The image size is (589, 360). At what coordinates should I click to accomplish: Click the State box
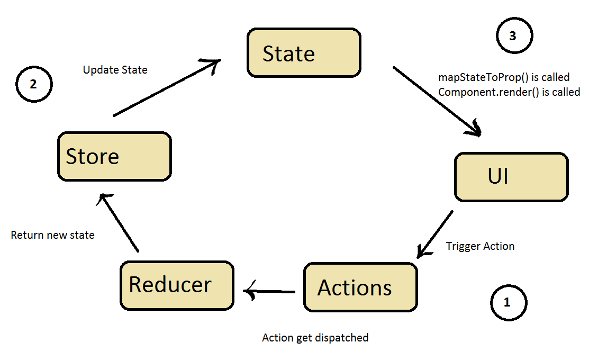pos(304,53)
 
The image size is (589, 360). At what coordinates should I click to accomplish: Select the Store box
pos(114,156)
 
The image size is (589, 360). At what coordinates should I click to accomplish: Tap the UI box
pos(511,177)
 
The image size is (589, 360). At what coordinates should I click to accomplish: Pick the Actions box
pos(360,287)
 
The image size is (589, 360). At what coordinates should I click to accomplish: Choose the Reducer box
pos(176,285)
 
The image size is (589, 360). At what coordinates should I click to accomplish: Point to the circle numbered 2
pos(34,85)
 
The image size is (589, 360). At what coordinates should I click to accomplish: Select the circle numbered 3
pos(514,36)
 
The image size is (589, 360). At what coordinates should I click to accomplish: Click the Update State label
pos(115,70)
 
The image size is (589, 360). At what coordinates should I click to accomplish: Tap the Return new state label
pos(53,235)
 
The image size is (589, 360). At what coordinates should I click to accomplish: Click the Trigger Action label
pos(480,246)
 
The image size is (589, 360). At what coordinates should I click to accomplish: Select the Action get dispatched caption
pos(315,337)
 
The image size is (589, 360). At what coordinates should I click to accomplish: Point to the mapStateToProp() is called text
pos(504,77)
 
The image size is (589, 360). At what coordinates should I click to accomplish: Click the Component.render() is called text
pos(509,92)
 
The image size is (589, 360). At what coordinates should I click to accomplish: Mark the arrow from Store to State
pos(167,88)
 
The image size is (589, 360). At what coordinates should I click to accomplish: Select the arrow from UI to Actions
pos(436,235)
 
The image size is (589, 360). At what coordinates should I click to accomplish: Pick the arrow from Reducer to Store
pos(120,222)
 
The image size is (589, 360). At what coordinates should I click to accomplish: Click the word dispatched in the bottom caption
pos(342,337)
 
